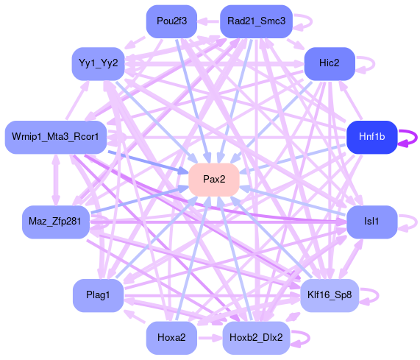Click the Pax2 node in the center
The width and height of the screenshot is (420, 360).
click(214, 180)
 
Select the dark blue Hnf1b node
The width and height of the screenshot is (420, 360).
click(371, 137)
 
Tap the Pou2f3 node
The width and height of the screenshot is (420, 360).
click(171, 21)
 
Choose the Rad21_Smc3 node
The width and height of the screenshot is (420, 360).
click(256, 21)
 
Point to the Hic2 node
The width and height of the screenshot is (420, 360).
click(330, 63)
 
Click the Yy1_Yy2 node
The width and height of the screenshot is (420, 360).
click(99, 63)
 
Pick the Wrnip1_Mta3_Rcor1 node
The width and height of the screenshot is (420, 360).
click(56, 137)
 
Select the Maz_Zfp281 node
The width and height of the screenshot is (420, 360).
click(56, 222)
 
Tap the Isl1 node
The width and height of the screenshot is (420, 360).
click(371, 222)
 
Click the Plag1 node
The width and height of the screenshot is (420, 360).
click(99, 295)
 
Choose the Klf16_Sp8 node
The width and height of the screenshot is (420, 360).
click(330, 295)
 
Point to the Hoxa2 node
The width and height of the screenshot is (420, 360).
click(171, 337)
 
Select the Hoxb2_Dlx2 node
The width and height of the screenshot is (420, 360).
click(256, 337)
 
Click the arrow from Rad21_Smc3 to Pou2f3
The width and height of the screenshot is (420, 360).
click(209, 21)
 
